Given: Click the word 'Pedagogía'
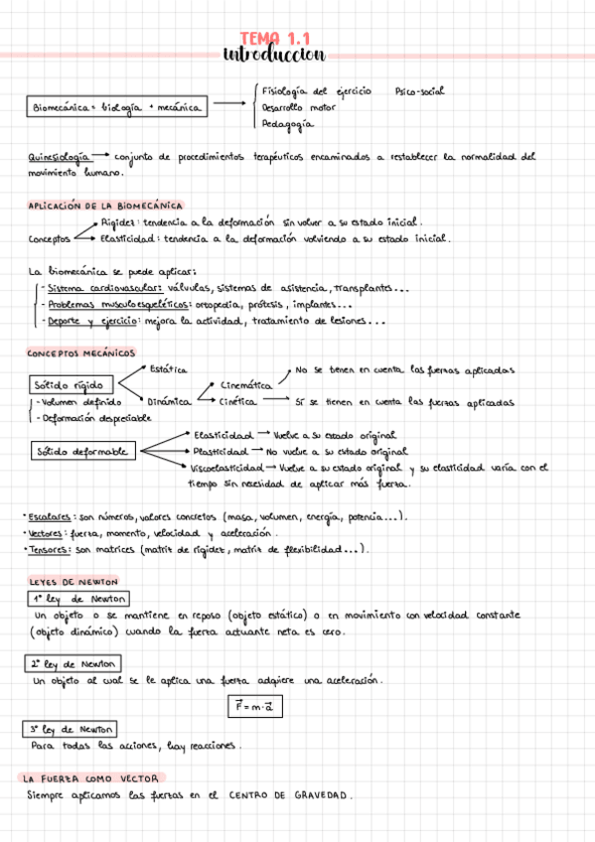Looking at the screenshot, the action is pyautogui.click(x=287, y=124).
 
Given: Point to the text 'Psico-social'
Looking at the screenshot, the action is pyautogui.click(x=419, y=91).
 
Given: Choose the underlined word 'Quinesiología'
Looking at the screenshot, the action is pyautogui.click(x=56, y=157).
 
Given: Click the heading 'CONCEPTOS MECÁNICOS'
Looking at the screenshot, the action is pyautogui.click(x=81, y=353).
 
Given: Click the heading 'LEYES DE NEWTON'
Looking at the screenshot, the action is pyautogui.click(x=74, y=582).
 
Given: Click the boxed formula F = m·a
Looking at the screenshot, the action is pyautogui.click(x=253, y=706).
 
